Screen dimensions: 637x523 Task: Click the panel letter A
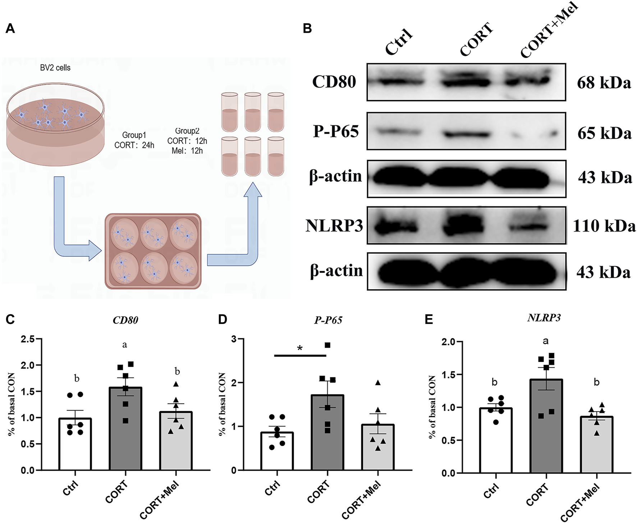pos(10,28)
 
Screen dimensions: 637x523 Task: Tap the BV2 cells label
pos(55,68)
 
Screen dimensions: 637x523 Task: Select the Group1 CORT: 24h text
pos(134,140)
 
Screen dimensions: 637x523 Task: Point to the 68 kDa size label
pos(604,83)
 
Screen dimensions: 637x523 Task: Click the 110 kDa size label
pos(604,226)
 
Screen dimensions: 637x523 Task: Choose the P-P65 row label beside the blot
pos(336,131)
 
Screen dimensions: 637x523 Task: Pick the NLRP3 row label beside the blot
pos(334,226)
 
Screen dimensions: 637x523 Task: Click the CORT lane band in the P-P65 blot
pos(467,135)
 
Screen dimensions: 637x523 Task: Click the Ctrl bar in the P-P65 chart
pos(277,452)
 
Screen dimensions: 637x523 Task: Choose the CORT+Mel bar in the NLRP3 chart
pos(596,445)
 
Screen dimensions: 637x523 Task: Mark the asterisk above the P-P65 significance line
pos(300,348)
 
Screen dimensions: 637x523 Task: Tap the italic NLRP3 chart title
pos(544,318)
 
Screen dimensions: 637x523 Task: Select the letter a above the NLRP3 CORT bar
pos(546,341)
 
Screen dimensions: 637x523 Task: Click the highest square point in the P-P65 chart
pos(327,345)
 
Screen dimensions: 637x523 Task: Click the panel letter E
pos(429,319)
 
